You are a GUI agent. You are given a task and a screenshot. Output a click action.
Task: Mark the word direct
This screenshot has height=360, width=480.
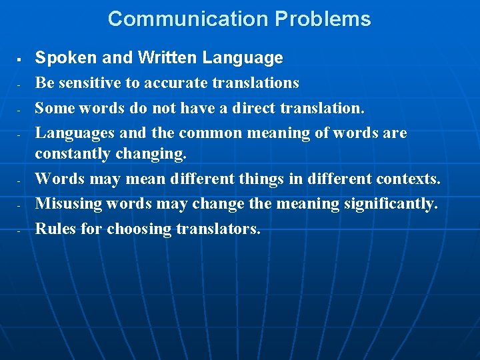pos(243,107)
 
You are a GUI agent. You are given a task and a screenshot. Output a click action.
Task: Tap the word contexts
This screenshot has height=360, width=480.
pos(408,179)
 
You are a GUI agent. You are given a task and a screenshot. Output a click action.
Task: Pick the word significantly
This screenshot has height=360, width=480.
pos(391,203)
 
